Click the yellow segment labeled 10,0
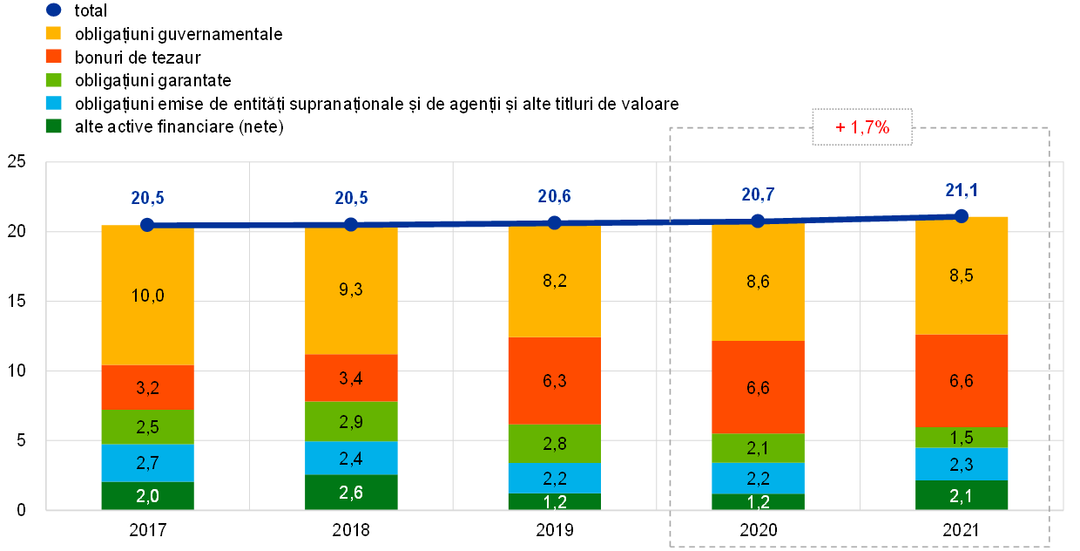[147, 296]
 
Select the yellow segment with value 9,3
[351, 291]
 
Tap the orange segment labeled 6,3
[554, 381]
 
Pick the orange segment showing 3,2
[147, 387]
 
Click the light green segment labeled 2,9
[351, 421]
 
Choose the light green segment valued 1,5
[962, 438]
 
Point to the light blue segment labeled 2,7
[147, 463]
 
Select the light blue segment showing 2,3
[962, 464]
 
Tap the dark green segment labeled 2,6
[351, 492]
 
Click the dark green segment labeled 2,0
[147, 495]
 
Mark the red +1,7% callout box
[862, 127]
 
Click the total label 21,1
[962, 190]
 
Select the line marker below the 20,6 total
[554, 222]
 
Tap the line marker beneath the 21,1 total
[962, 215]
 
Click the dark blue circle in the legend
[53, 10]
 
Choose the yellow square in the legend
[53, 33]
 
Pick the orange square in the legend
[53, 56]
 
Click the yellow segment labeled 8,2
[554, 282]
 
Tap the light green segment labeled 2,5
[147, 426]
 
